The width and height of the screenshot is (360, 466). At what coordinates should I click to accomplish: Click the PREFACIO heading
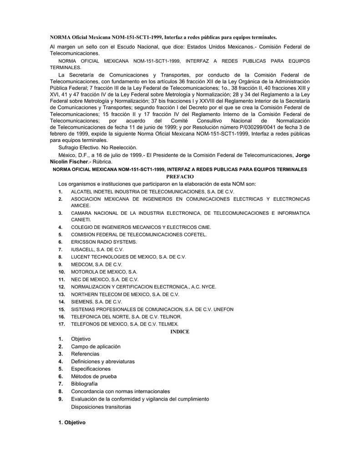(180, 176)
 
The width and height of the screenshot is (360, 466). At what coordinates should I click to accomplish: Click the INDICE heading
(180, 332)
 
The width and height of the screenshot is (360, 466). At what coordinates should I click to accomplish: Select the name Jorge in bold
(303, 155)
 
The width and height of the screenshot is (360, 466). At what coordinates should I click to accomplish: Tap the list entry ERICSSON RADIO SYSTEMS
(104, 242)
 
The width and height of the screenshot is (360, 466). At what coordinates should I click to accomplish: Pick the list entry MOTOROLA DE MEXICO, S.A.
(104, 272)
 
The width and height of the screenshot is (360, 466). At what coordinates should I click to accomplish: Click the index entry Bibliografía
(84, 384)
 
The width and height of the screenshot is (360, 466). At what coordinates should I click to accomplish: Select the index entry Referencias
(85, 354)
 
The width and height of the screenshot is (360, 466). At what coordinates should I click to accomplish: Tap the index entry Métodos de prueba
(94, 376)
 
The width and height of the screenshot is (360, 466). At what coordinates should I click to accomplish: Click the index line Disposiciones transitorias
(101, 407)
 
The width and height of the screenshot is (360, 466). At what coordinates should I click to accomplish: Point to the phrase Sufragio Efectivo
(80, 147)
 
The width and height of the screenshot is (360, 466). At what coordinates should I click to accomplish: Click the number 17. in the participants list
(61, 324)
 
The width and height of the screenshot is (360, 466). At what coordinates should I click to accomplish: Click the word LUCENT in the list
(80, 257)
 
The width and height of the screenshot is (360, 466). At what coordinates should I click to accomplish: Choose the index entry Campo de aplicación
(96, 346)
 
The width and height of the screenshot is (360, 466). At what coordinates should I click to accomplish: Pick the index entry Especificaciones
(91, 369)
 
